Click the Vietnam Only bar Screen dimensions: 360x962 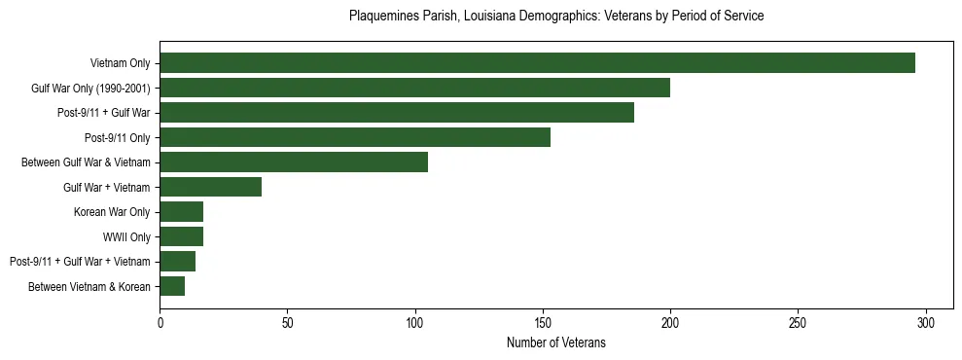pyautogui.click(x=537, y=63)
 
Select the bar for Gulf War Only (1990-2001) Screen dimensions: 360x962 pyautogui.click(x=414, y=88)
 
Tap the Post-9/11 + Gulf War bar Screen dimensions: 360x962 pyautogui.click(x=397, y=113)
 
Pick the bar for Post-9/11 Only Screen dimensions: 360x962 pyautogui.click(x=355, y=137)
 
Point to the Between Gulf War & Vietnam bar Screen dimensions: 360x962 pyautogui.click(x=294, y=162)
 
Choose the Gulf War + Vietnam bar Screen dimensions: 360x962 pyautogui.click(x=210, y=187)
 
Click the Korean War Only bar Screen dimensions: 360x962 pyautogui.click(x=181, y=212)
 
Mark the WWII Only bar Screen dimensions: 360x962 pyautogui.click(x=181, y=236)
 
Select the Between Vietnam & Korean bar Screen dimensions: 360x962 pyautogui.click(x=172, y=286)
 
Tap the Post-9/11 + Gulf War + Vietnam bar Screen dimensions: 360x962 pyautogui.click(x=177, y=262)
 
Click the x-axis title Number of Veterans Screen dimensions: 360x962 pyautogui.click(x=555, y=342)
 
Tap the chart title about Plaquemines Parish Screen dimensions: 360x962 pyautogui.click(x=555, y=17)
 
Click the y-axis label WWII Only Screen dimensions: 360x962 pyautogui.click(x=126, y=236)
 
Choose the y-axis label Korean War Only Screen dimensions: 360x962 pyautogui.click(x=112, y=212)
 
